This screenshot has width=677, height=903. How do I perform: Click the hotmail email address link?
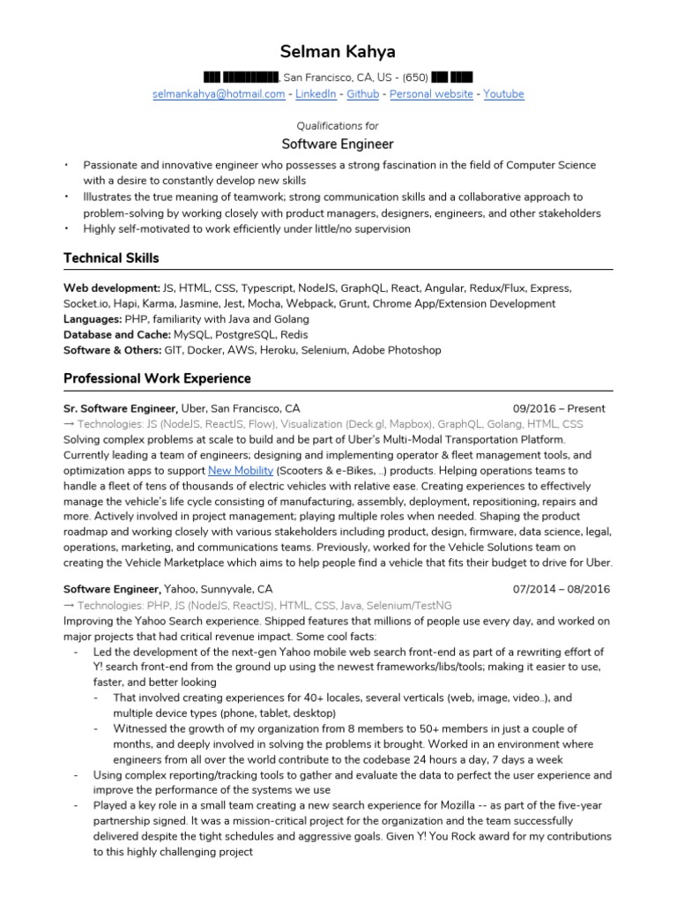pyautogui.click(x=219, y=93)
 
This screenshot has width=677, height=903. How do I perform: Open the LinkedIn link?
pyautogui.click(x=316, y=93)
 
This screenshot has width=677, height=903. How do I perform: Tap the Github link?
pyautogui.click(x=363, y=93)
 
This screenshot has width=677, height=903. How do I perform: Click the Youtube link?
pyautogui.click(x=503, y=93)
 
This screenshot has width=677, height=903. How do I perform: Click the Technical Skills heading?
pyautogui.click(x=112, y=257)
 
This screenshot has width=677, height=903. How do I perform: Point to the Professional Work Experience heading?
pyautogui.click(x=157, y=378)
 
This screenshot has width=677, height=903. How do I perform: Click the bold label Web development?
pyautogui.click(x=111, y=288)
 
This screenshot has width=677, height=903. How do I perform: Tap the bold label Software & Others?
pyautogui.click(x=113, y=350)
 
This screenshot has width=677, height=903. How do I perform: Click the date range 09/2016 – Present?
pyautogui.click(x=559, y=409)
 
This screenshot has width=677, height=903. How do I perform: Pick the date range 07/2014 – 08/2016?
pyautogui.click(x=560, y=589)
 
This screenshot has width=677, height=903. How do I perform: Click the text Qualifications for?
pyautogui.click(x=338, y=125)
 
